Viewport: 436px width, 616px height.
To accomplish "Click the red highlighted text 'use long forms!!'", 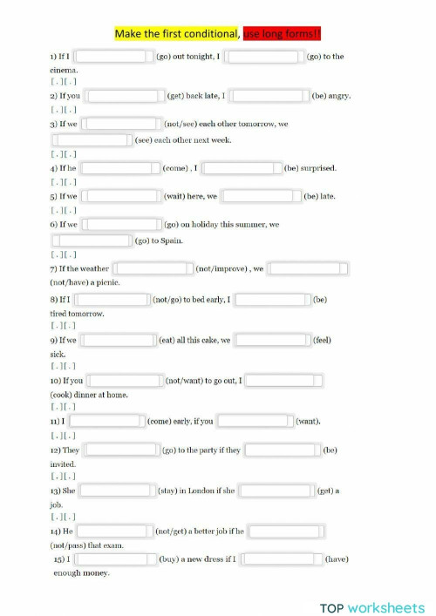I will pyautogui.click(x=283, y=34).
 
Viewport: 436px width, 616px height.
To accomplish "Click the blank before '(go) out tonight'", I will pyautogui.click(x=112, y=57).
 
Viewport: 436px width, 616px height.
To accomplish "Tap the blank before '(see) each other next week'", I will pyautogui.click(x=92, y=140).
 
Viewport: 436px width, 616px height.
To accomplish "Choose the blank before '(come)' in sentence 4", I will pyautogui.click(x=120, y=168).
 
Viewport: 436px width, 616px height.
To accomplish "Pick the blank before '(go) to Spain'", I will pyautogui.click(x=92, y=240).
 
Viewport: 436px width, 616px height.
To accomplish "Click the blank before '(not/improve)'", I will pyautogui.click(x=153, y=268).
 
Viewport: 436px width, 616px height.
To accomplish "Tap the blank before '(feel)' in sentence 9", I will pyautogui.click(x=271, y=340).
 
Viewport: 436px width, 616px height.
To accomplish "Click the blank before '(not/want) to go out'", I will pyautogui.click(x=124, y=381).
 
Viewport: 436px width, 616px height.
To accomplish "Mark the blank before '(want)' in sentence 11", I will pyautogui.click(x=254, y=422).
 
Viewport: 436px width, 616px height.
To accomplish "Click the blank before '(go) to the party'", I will pyautogui.click(x=121, y=450).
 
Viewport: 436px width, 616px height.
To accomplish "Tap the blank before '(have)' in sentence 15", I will pyautogui.click(x=282, y=559).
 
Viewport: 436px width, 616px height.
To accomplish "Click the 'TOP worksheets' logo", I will pyautogui.click(x=371, y=606).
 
